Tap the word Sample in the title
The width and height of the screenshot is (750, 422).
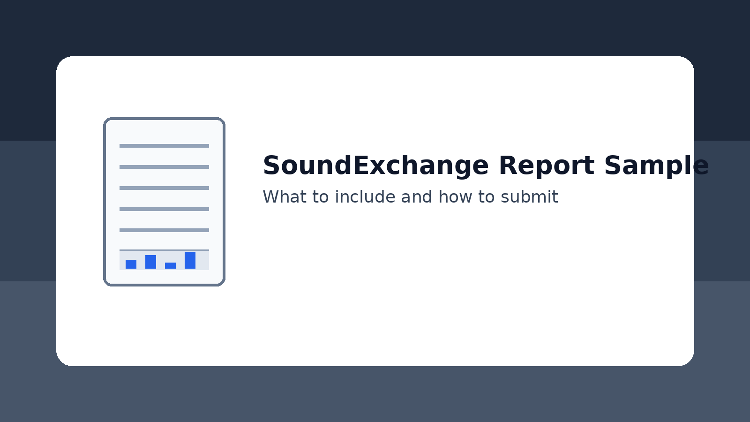(x=656, y=166)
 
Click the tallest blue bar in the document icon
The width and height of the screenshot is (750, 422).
(x=190, y=260)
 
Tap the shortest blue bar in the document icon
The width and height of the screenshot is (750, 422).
(x=170, y=265)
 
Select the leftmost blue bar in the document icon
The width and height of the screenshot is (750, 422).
(x=131, y=264)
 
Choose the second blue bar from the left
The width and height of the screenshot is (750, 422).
(x=150, y=262)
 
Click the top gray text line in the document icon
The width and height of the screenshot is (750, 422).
(x=164, y=146)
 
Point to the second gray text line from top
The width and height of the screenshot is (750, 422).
(x=164, y=167)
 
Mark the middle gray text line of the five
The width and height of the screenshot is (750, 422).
(x=164, y=188)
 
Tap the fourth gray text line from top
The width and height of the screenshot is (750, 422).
(x=164, y=209)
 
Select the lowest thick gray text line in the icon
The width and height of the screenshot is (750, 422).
(x=164, y=230)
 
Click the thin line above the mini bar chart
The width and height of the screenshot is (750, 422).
(x=164, y=250)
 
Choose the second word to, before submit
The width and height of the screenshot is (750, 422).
(x=486, y=197)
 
